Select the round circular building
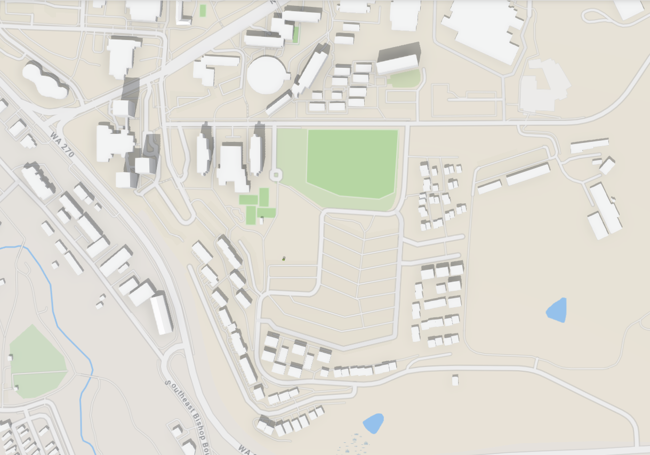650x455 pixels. coord(268,75)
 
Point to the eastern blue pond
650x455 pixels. coord(557,310)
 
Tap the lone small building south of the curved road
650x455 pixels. coord(455,379)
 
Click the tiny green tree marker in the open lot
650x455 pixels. coord(284,258)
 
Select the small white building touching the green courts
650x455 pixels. coord(261,220)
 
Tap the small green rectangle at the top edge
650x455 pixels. coord(203,10)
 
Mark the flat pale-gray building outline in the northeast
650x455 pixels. coord(544,85)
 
